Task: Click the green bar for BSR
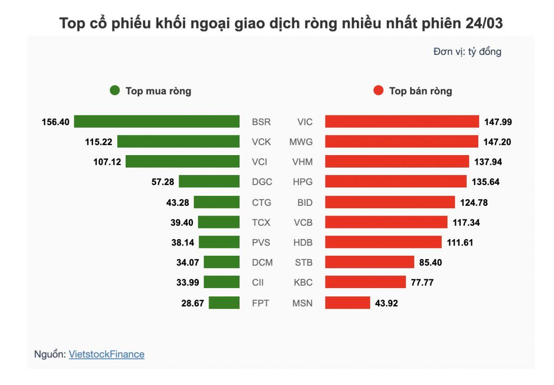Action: coord(157,122)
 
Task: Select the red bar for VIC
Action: coord(402,122)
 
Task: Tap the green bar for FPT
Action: coord(224,303)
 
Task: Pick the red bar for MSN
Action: coord(348,303)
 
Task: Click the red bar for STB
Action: coord(369,263)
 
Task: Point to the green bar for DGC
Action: coord(209,182)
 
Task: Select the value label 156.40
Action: coord(55,122)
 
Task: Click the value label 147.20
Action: coord(497,142)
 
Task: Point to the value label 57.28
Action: coord(163,182)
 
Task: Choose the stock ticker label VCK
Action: coord(261,142)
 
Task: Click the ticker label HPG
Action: coord(302,182)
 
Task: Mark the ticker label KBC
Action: coord(303,283)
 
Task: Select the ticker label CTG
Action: coord(262,202)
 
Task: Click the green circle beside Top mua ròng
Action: coord(114,90)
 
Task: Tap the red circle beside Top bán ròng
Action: coord(378,90)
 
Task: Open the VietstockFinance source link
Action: coord(107,355)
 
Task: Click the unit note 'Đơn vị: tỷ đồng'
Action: coord(467,52)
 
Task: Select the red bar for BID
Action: coord(390,202)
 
